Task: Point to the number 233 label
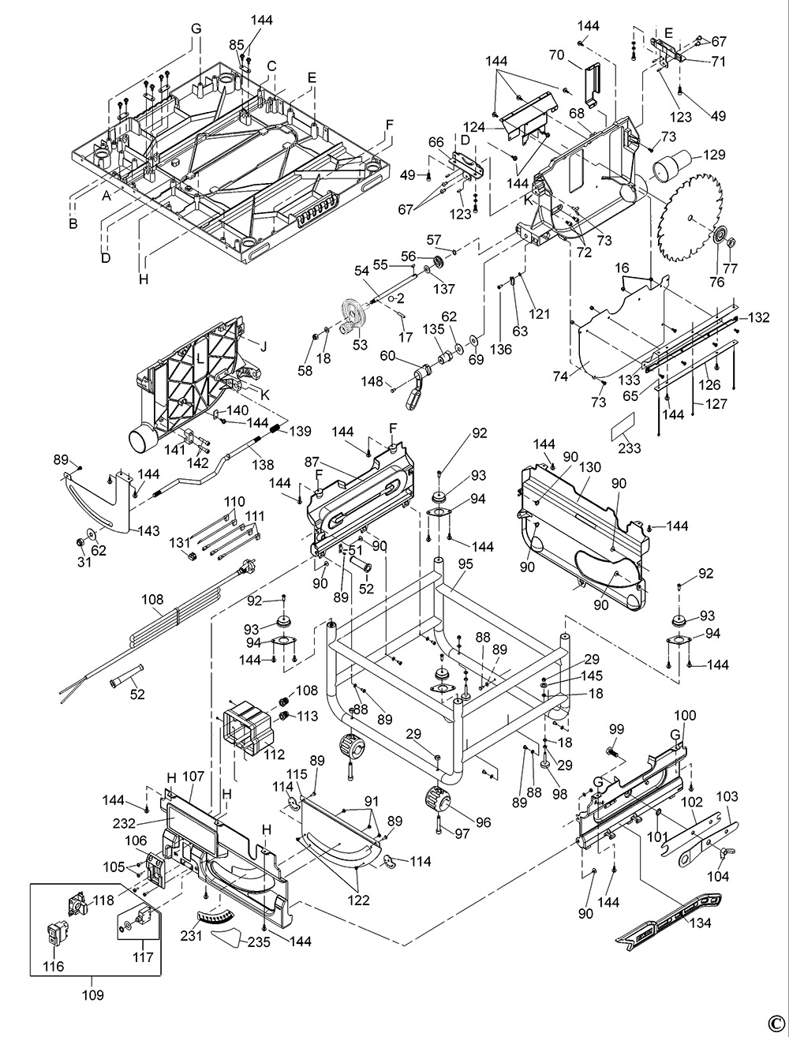(x=630, y=447)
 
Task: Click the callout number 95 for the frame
(x=466, y=564)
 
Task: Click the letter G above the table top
(x=196, y=28)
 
